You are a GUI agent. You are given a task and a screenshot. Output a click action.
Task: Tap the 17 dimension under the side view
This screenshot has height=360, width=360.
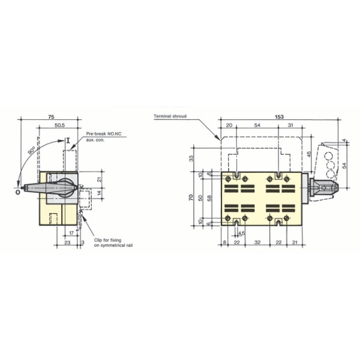pos(71,232)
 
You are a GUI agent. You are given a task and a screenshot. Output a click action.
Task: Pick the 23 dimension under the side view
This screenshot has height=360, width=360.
pos(67,242)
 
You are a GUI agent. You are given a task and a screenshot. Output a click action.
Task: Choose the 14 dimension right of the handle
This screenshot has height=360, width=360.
pos(99,193)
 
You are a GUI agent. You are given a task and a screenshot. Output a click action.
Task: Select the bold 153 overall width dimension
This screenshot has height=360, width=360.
pos(280,117)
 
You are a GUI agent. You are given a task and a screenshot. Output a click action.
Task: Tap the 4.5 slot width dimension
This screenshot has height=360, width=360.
pos(241,234)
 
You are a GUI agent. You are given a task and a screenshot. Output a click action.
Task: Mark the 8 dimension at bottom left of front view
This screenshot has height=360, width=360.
pos(223,242)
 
